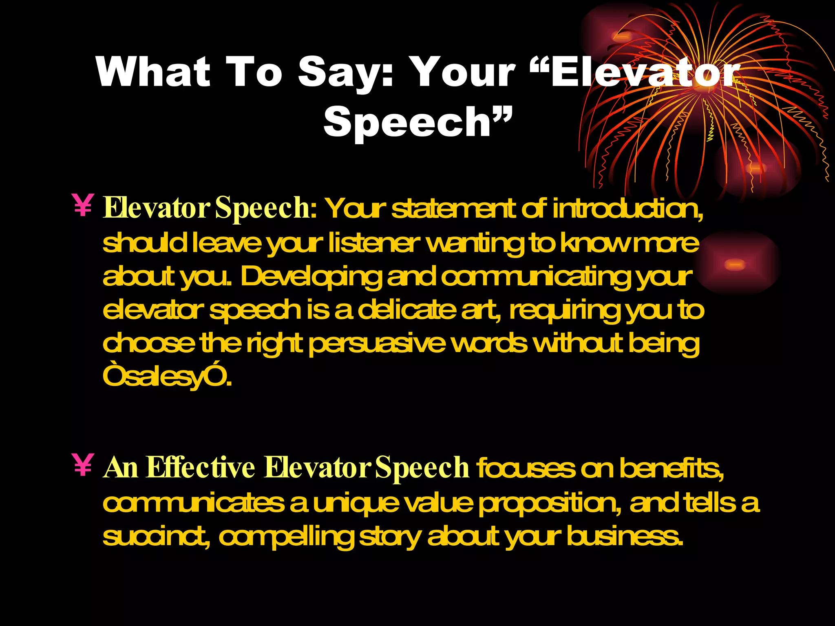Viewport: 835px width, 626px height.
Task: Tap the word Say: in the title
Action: pos(346,73)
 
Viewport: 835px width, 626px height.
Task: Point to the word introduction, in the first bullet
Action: pos(628,209)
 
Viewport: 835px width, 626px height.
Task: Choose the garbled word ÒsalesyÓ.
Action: pos(167,377)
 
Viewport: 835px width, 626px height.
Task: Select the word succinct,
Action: pos(157,536)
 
